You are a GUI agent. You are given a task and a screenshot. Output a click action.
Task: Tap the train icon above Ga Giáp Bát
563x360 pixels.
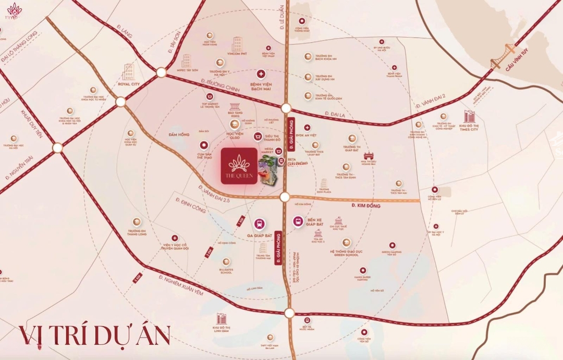coord(259,224)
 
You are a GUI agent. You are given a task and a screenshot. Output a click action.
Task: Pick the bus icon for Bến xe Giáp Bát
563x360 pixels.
coord(298,221)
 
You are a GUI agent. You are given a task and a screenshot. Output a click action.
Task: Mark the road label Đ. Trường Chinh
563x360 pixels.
coord(219,85)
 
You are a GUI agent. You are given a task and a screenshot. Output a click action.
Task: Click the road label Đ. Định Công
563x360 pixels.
coord(191,205)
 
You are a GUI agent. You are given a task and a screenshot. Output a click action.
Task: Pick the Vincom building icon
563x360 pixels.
coord(237,44)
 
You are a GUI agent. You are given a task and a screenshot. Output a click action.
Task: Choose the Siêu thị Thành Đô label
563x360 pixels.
coord(272,140)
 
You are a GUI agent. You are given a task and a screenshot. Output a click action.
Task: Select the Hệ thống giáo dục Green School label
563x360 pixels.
coord(346,253)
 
